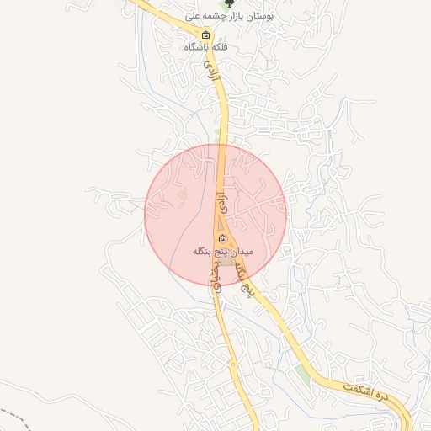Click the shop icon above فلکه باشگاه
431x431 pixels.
click(206, 35)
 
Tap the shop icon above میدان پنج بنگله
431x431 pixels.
click(210, 239)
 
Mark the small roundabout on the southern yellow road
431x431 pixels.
click(232, 364)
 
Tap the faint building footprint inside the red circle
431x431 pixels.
click(184, 199)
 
